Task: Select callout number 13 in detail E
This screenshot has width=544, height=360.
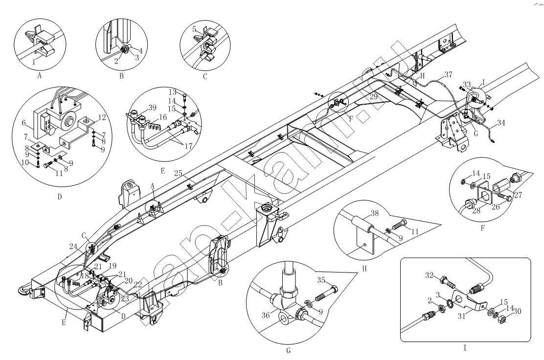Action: tap(186, 92)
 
